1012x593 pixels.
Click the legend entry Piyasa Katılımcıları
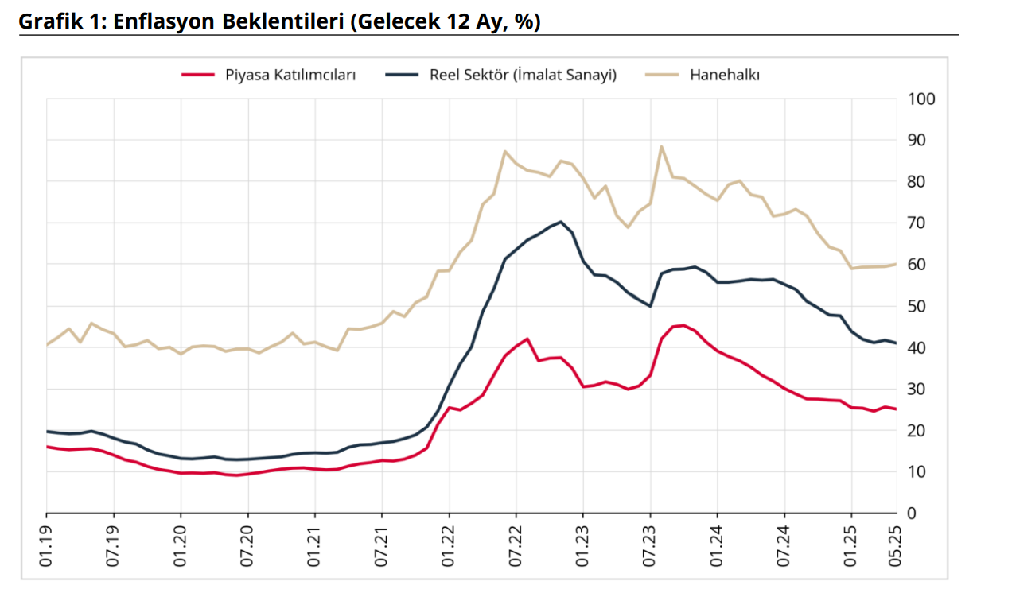point(290,75)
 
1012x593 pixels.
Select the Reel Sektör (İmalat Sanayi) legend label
point(524,75)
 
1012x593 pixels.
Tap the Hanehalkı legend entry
point(725,75)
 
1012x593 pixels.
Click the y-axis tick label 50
point(917,306)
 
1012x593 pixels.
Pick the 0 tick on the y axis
point(913,514)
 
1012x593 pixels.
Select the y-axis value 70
point(917,223)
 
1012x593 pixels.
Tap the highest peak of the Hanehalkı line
point(661,146)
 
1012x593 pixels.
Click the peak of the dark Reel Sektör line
point(561,222)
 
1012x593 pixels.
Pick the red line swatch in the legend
point(198,75)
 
